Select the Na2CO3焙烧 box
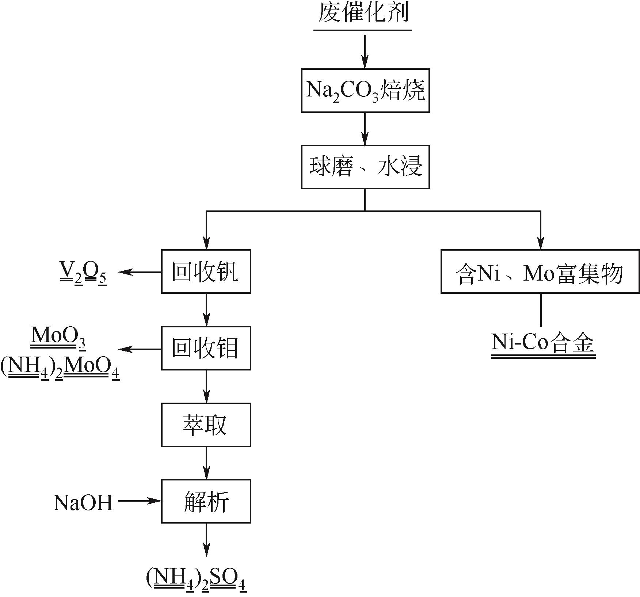pos(365,90)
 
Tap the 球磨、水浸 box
pos(365,167)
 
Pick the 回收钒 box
pos(206,271)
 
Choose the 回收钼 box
pos(206,348)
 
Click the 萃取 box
pos(206,425)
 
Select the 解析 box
pos(206,501)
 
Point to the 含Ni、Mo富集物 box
pos(540,271)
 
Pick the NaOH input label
pos(83,502)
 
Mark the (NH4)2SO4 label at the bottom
pos(197,581)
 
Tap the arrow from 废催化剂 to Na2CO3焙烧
pos(365,52)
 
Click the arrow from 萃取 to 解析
pos(206,463)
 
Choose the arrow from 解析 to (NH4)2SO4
pos(206,544)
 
